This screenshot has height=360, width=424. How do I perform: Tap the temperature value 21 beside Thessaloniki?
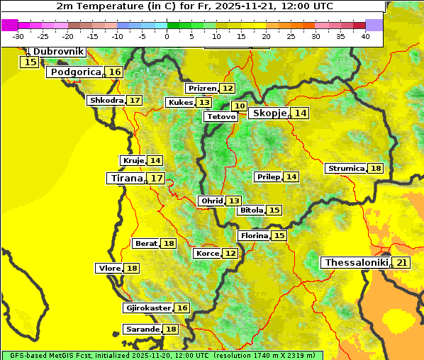tap(401, 263)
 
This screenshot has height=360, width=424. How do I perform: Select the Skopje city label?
tap(268, 113)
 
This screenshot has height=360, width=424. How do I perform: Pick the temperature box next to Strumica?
tap(375, 169)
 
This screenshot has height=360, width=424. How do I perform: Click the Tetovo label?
tap(221, 116)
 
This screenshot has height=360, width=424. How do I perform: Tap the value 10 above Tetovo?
tap(240, 106)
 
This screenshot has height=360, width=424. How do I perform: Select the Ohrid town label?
tap(211, 201)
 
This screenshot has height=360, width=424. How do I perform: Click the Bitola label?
tap(251, 210)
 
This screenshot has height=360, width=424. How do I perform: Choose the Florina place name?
tap(254, 235)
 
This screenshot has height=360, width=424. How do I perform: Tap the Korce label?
tap(207, 254)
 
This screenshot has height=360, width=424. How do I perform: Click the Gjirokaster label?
tap(147, 308)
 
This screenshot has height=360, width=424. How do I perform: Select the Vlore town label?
tap(109, 269)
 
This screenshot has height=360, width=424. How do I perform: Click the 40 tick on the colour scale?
tap(365, 36)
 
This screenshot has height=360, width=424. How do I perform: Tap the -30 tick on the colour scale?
tap(18, 36)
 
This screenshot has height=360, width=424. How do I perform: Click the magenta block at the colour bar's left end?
tap(10, 25)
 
